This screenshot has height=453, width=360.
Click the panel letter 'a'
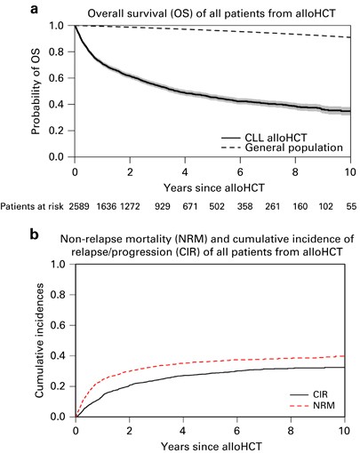click(35, 9)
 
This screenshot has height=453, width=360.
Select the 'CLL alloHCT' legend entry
click(264, 138)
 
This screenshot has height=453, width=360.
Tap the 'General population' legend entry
click(282, 147)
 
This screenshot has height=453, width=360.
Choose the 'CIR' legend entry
click(308, 394)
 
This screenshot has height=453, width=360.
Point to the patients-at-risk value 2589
click(79, 206)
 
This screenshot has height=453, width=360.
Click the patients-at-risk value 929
click(163, 206)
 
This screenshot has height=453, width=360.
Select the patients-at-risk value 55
click(351, 206)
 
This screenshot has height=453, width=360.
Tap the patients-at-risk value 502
click(217, 206)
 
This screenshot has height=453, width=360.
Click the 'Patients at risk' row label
click(32, 206)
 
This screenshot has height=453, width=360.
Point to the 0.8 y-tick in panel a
click(57, 52)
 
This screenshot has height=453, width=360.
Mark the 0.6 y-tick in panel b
click(59, 325)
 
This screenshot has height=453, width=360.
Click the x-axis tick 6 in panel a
click(240, 171)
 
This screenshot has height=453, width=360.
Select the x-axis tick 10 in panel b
click(345, 431)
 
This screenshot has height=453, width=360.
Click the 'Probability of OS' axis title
click(36, 91)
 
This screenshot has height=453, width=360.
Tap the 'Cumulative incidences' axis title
click(40, 340)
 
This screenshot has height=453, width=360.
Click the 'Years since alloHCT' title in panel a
click(213, 187)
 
